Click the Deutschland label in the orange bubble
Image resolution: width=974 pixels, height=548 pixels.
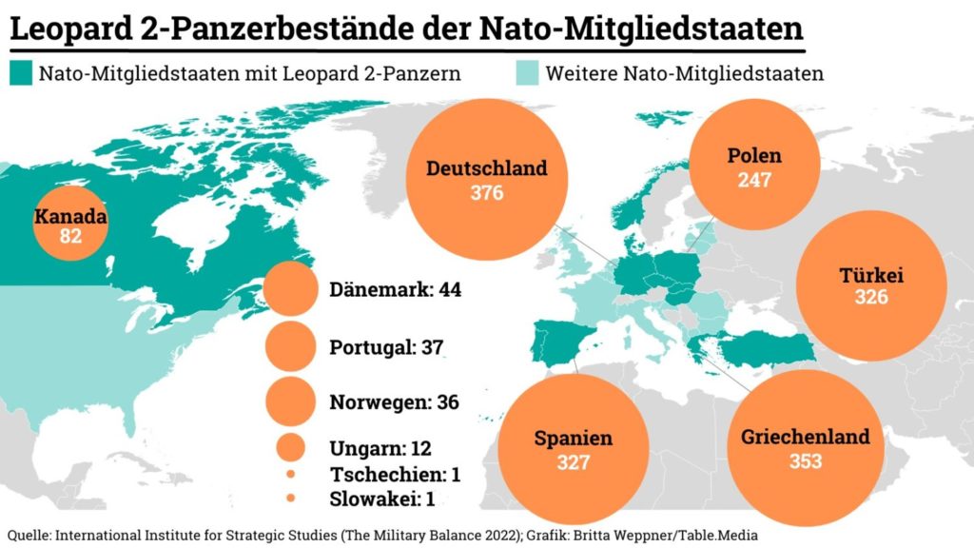(486, 168)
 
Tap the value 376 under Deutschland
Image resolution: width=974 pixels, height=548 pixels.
(486, 193)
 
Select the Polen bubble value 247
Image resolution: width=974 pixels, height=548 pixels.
(753, 180)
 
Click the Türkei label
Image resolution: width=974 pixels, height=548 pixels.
(870, 276)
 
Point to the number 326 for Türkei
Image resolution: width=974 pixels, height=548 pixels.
(870, 298)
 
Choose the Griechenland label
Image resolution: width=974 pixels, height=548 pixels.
(805, 438)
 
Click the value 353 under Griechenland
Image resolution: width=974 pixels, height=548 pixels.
(805, 462)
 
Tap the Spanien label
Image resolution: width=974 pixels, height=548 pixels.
(573, 439)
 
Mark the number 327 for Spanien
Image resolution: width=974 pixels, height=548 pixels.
(573, 463)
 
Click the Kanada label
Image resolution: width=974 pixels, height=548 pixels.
(70, 217)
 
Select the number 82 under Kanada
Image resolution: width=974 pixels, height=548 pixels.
(70, 237)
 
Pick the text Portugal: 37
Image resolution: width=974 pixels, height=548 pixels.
(387, 347)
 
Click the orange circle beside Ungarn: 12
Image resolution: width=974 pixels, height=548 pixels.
(291, 447)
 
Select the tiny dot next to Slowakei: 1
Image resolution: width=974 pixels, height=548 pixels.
(291, 498)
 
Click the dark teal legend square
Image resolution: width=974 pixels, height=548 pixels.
(19, 73)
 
